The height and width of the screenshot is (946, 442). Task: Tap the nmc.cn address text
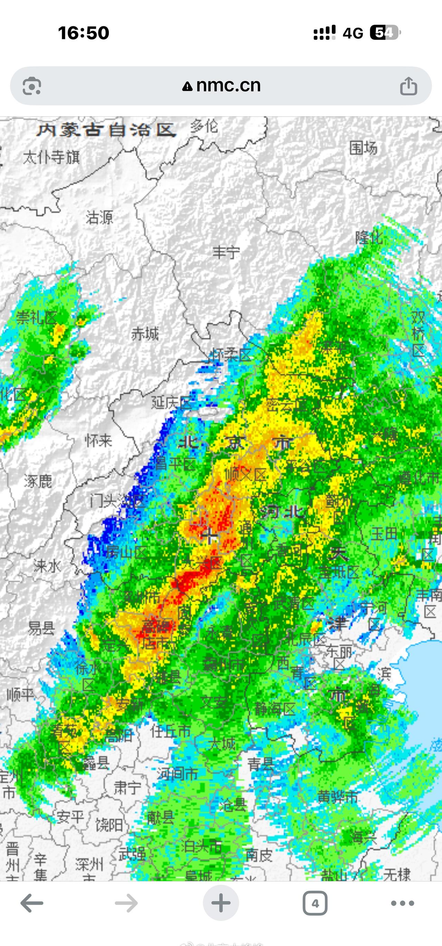(x=228, y=86)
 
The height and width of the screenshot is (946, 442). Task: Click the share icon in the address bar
(x=408, y=86)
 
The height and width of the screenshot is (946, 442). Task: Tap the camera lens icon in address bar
(x=32, y=86)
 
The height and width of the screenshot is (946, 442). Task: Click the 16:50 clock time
(x=84, y=33)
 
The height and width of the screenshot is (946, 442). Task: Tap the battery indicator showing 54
(x=384, y=33)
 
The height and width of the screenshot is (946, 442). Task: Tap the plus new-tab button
(x=221, y=903)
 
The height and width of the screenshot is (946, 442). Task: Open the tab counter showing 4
(x=315, y=903)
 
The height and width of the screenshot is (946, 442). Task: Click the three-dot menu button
(x=402, y=903)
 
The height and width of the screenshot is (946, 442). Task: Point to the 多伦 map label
(x=204, y=127)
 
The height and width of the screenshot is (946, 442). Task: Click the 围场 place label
(x=363, y=148)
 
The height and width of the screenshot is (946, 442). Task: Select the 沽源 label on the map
(x=99, y=217)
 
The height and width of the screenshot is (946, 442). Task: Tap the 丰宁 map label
(x=226, y=252)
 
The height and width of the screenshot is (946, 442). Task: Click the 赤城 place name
(x=145, y=334)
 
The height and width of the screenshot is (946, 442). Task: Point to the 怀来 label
(x=98, y=440)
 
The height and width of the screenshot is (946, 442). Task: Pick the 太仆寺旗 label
(x=51, y=158)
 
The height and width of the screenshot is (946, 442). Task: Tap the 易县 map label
(x=41, y=628)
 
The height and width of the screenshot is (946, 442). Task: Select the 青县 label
(x=260, y=764)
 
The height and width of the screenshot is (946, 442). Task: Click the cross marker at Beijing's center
(x=210, y=536)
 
